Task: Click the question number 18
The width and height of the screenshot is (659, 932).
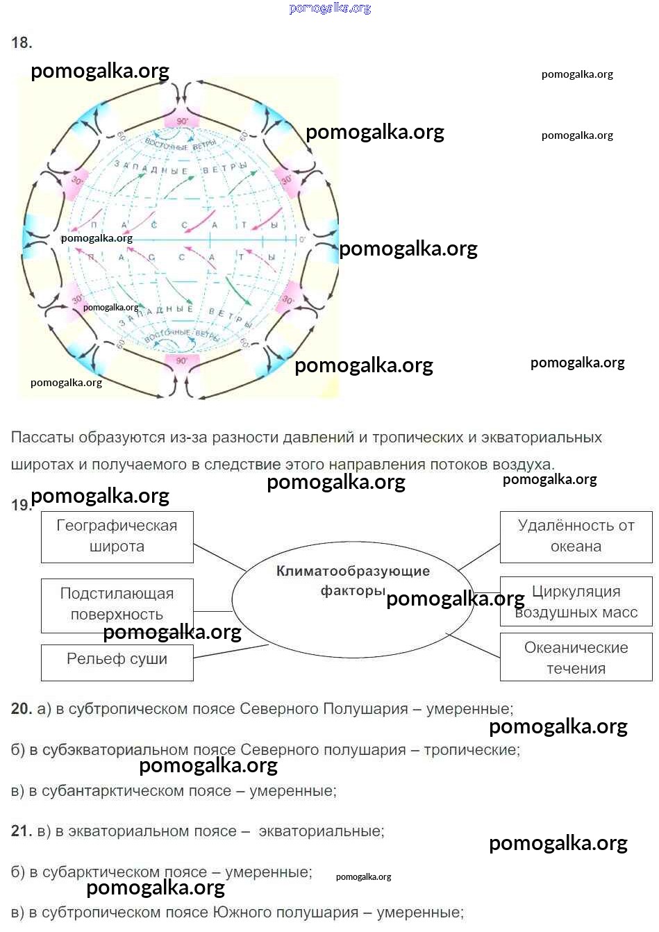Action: (22, 43)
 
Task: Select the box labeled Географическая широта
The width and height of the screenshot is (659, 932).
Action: (117, 536)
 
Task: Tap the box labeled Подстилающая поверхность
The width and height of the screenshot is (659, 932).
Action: (117, 604)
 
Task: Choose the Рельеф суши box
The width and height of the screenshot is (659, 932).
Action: (117, 660)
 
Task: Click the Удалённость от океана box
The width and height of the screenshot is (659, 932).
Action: (576, 536)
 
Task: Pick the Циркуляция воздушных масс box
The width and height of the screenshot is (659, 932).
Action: (576, 601)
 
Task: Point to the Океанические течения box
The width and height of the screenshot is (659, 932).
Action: (576, 658)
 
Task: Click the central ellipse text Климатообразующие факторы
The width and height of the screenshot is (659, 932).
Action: (353, 580)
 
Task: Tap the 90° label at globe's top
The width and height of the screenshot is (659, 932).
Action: (182, 121)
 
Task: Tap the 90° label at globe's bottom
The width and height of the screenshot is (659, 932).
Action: (181, 360)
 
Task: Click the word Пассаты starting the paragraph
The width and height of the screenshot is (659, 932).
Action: (42, 438)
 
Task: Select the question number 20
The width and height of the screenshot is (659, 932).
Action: (22, 709)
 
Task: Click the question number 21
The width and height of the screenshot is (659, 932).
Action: (22, 831)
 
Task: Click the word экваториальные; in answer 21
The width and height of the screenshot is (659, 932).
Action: (321, 831)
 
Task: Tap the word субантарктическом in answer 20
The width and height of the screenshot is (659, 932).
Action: (108, 791)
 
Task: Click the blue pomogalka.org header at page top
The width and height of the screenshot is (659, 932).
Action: (330, 8)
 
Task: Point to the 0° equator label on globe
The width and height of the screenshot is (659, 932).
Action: (302, 240)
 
